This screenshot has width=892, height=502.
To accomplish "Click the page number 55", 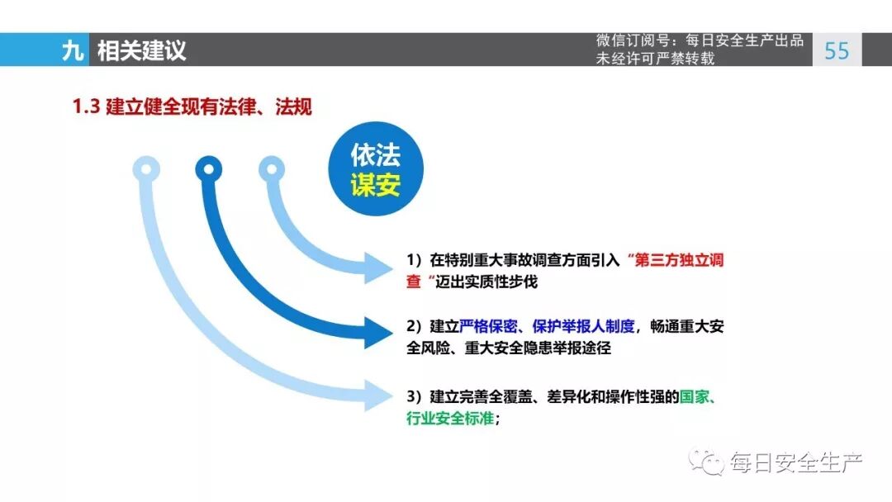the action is [837, 50].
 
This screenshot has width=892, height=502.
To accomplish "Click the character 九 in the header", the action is [73, 50].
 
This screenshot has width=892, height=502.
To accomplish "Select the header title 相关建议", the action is [141, 50].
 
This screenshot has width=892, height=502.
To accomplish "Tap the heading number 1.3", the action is [86, 107].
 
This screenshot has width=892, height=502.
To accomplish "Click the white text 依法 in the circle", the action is [375, 156].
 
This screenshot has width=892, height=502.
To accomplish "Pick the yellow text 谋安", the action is [375, 185].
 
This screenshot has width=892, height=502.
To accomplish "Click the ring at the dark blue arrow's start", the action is [209, 170].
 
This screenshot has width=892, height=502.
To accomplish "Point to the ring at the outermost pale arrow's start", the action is [146, 170].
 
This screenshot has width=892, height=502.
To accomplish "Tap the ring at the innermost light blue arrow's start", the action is [271, 170].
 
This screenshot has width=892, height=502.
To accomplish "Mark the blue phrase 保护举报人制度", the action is [584, 326].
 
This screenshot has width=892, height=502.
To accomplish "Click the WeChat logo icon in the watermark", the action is [708, 462].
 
